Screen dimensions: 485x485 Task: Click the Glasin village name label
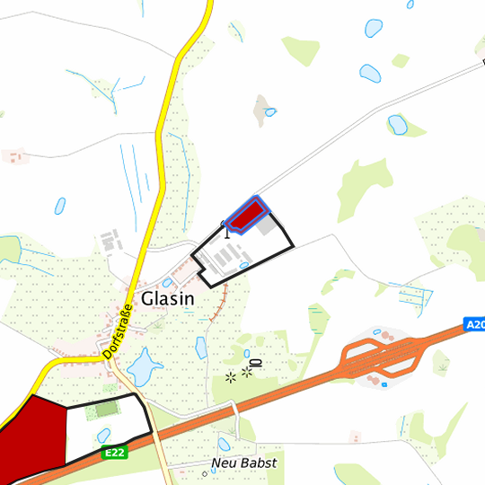pos(168,298)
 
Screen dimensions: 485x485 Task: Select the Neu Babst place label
pos(244,463)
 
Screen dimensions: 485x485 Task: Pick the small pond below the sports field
pos(104,436)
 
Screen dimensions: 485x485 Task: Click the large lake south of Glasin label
pos(141,366)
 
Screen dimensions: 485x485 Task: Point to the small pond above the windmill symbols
pos(243,352)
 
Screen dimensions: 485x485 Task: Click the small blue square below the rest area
pos(384,384)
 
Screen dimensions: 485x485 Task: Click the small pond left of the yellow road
pos(59,206)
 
